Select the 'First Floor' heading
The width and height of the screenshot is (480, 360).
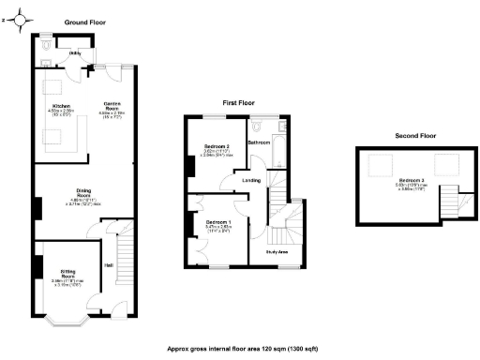(240, 101)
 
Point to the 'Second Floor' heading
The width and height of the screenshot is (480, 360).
(416, 136)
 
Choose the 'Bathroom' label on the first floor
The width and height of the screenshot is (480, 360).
(258, 142)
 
